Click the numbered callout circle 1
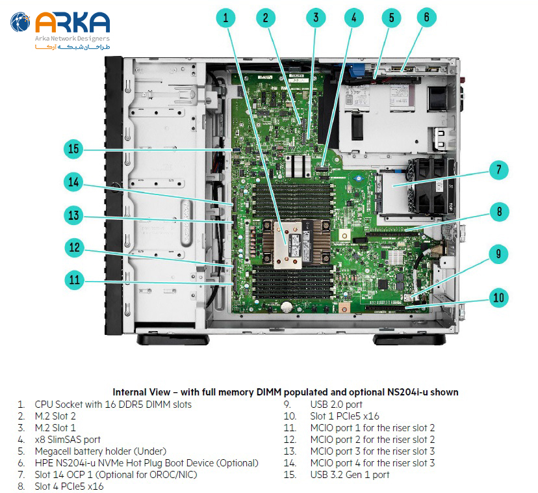(x=225, y=18)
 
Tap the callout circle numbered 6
(x=427, y=18)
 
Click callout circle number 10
(x=498, y=299)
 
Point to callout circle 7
(x=498, y=171)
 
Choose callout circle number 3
(x=316, y=18)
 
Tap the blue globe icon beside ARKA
(x=20, y=24)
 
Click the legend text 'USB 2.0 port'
(x=336, y=405)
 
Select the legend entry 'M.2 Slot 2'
(x=55, y=416)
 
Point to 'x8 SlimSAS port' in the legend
(x=68, y=440)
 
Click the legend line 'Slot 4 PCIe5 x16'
(x=69, y=486)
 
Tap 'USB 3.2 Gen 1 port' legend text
(x=350, y=475)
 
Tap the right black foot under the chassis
(x=410, y=340)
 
